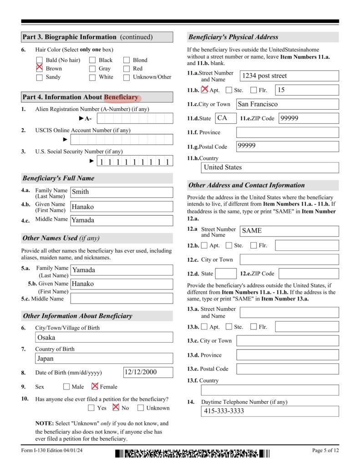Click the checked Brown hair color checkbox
(x=39, y=68)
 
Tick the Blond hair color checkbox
(x=127, y=60)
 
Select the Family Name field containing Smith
(x=122, y=192)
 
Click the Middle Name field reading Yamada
(x=122, y=220)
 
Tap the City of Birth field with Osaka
(x=104, y=337)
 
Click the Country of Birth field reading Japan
(x=104, y=359)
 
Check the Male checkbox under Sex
(x=66, y=387)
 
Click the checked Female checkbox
(x=95, y=386)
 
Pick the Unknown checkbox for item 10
(x=141, y=408)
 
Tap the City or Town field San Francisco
(x=287, y=104)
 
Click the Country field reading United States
(x=270, y=167)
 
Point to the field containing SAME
(x=289, y=231)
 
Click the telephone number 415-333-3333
(x=270, y=411)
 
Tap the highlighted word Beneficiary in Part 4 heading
(x=121, y=97)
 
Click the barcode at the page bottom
(x=192, y=453)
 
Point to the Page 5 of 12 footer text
(x=325, y=451)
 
